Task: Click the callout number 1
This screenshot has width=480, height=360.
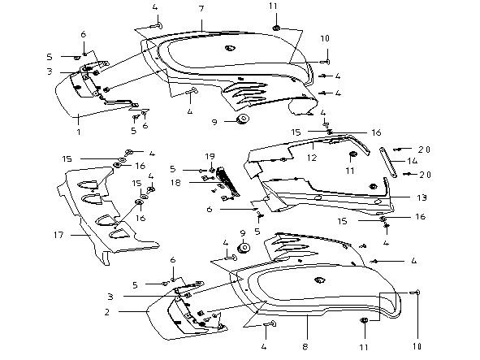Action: click(79, 132)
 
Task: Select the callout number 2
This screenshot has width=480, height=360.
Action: click(107, 312)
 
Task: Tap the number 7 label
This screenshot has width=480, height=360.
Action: click(201, 9)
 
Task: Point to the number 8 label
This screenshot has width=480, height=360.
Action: click(305, 347)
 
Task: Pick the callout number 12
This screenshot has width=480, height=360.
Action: click(312, 158)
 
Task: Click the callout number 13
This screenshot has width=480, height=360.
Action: click(422, 197)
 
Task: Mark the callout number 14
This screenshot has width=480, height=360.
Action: click(413, 161)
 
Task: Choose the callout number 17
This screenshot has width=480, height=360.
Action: click(58, 235)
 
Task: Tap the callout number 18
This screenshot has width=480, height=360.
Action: click(175, 183)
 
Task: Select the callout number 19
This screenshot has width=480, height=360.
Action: click(210, 157)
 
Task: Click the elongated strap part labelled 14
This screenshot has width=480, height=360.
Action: click(388, 163)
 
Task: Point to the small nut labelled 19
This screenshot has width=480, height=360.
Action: click(211, 170)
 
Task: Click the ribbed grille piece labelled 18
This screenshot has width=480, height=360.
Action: click(227, 181)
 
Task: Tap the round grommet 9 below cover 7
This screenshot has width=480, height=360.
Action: click(244, 119)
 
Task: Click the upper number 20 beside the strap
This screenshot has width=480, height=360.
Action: click(425, 150)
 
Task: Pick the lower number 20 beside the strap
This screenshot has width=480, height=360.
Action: click(425, 175)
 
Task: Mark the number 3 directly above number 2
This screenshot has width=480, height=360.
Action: click(110, 297)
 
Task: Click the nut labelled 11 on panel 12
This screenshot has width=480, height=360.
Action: click(352, 154)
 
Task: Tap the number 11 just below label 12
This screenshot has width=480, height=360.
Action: click(350, 171)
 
